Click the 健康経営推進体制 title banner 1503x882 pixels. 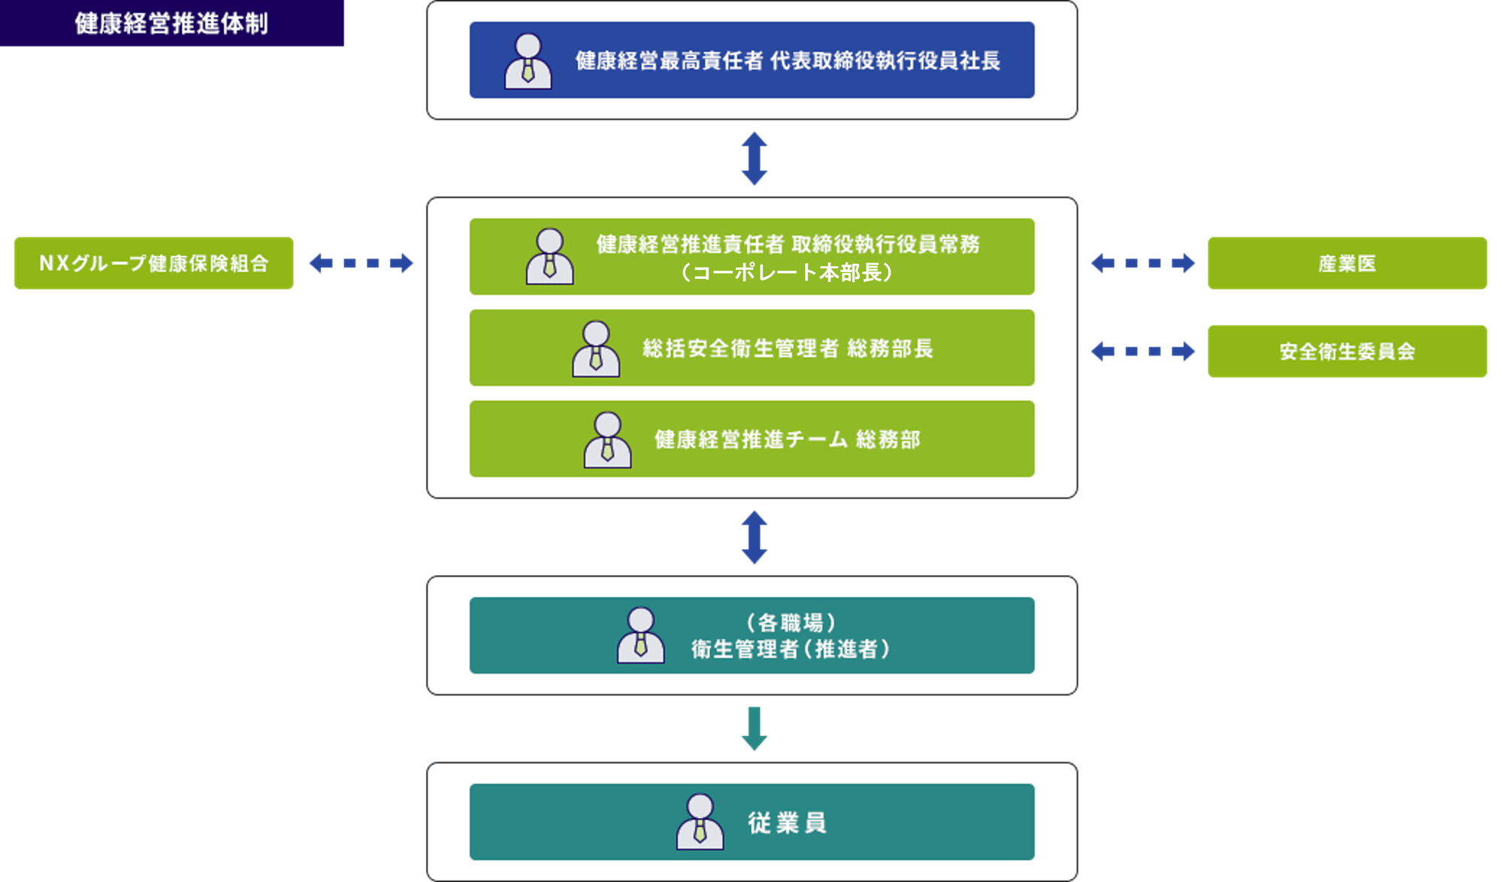tap(171, 23)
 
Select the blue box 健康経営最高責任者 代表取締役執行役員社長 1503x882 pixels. tap(751, 60)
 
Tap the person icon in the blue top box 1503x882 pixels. tap(528, 61)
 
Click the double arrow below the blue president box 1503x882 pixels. tap(754, 159)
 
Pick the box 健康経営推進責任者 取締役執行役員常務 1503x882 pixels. tap(751, 256)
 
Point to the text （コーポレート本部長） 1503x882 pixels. tap(787, 272)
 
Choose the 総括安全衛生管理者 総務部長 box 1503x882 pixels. tap(751, 348)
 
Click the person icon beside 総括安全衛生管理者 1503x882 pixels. tap(596, 349)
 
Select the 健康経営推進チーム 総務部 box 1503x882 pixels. tap(751, 439)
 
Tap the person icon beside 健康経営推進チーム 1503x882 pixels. tap(607, 440)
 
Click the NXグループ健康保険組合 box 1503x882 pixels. tap(154, 263)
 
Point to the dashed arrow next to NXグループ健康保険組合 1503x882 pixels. tap(361, 263)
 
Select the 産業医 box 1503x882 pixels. tap(1347, 263)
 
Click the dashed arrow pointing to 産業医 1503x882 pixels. tap(1142, 263)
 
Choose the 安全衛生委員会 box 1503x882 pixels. tap(1347, 351)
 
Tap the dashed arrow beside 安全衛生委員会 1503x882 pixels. tap(1142, 351)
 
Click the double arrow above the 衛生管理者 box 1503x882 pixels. tap(754, 538)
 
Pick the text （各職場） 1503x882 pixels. tap(791, 623)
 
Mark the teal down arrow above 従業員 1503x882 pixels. tap(754, 728)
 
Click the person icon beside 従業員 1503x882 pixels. tap(700, 822)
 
